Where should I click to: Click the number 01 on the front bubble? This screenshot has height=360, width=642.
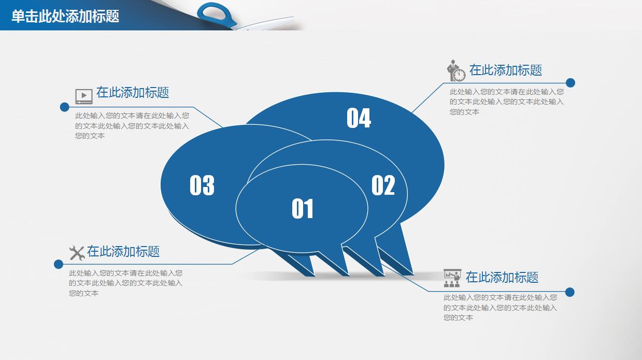(303, 209)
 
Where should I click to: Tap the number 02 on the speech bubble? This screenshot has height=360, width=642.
(383, 185)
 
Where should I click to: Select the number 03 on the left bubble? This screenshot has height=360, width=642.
(202, 185)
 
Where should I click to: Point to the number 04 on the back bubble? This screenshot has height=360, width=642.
(359, 118)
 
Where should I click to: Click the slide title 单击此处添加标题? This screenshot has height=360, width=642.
(65, 16)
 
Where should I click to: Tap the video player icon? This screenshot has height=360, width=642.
(84, 96)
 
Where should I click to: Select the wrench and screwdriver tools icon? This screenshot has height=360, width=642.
(77, 253)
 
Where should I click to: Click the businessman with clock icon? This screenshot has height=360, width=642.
(456, 71)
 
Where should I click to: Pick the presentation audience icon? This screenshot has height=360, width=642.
(452, 278)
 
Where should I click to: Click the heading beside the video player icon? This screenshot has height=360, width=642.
(133, 93)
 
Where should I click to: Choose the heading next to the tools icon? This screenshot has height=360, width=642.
(123, 252)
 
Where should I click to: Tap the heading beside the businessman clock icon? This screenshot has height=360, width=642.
(506, 70)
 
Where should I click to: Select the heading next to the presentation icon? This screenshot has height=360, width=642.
(502, 277)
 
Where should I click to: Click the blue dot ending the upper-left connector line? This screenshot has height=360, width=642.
(64, 107)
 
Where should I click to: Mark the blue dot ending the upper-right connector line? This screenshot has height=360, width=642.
(570, 83)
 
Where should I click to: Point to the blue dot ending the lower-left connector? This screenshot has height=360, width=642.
(59, 264)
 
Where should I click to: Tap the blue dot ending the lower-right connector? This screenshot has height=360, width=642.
(570, 292)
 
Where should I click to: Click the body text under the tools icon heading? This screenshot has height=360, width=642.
(125, 283)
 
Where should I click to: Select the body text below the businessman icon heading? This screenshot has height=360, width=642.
(506, 102)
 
